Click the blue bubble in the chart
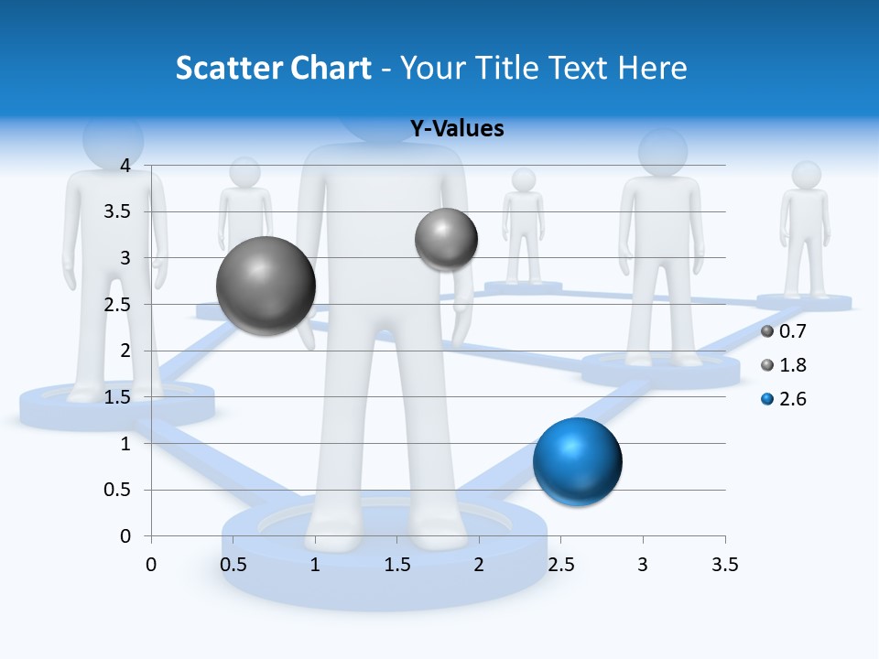point(577,461)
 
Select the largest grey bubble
point(266,286)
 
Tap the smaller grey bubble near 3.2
point(446,239)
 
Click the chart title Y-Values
point(456,129)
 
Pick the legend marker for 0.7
point(767,331)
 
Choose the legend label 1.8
point(793,365)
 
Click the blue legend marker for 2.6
point(767,399)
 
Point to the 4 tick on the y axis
point(125,166)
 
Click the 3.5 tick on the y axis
point(119,212)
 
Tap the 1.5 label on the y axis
point(119,397)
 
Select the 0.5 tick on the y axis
point(119,490)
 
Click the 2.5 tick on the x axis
point(560,565)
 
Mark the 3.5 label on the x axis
point(724,565)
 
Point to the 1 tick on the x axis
point(315,565)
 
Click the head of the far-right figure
point(806,175)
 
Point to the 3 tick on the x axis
point(643,565)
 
